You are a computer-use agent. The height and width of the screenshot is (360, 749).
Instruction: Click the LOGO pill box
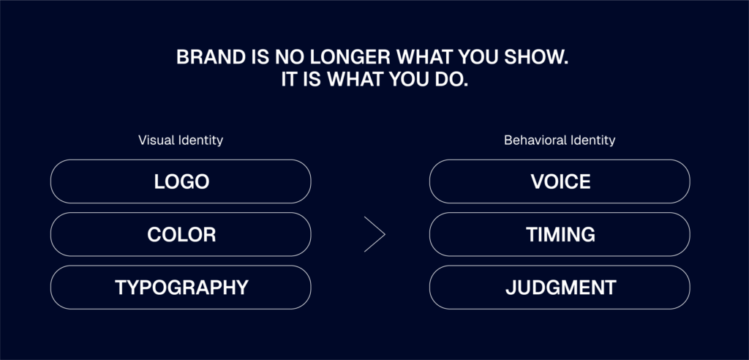click(x=181, y=181)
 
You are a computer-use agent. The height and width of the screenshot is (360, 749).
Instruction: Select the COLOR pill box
click(x=181, y=234)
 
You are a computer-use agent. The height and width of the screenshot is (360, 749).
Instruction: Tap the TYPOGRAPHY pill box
click(x=181, y=288)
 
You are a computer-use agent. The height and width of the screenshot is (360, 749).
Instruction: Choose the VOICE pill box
click(x=560, y=181)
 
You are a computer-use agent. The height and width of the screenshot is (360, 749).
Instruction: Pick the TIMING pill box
click(x=560, y=234)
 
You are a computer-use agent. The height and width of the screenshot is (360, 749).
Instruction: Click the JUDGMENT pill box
click(x=560, y=288)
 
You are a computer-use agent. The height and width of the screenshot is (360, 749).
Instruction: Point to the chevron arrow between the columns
click(x=385, y=234)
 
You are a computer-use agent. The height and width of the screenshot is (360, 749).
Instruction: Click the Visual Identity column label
click(x=181, y=140)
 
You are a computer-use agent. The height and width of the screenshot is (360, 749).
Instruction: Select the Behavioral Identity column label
click(x=560, y=140)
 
